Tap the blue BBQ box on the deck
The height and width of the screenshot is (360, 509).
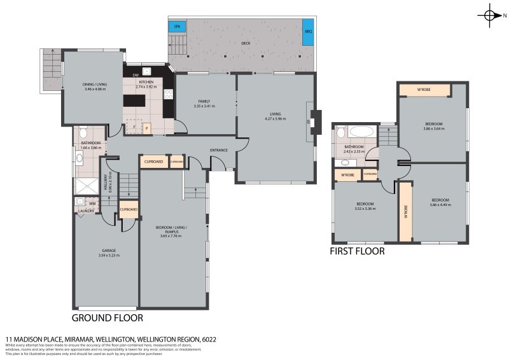point(308,31)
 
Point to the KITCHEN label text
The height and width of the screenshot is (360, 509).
point(147,81)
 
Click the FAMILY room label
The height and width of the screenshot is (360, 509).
point(204,101)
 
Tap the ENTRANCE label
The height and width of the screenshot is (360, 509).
point(219,150)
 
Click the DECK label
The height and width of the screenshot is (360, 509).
point(246,44)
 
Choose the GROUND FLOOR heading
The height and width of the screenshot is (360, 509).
point(107,318)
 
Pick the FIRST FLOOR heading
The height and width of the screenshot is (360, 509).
point(357,251)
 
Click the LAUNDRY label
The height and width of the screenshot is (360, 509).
point(86,211)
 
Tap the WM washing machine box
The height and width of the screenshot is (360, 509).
point(92,204)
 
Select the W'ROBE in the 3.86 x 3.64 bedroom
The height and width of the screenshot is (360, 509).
point(424,90)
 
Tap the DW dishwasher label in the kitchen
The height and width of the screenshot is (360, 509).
point(136,76)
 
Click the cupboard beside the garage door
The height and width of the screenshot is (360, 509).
point(129,209)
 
